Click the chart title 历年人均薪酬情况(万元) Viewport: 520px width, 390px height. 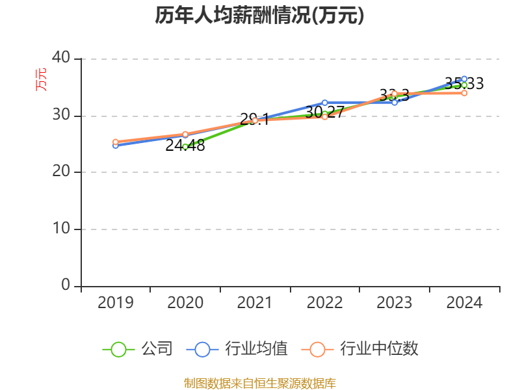(259, 16)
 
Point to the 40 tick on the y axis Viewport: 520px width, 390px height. (61, 58)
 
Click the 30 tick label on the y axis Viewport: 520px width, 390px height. (61, 115)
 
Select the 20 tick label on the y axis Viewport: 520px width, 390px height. (61, 172)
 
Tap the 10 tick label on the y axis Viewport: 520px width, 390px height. (61, 229)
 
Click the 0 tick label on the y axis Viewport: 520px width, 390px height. (66, 285)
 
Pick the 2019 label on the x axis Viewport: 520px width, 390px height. (115, 303)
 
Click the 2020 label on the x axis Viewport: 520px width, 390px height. (185, 303)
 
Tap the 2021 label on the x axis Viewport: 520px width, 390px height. (255, 303)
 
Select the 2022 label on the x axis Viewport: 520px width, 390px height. (324, 303)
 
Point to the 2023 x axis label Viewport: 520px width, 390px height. (395, 303)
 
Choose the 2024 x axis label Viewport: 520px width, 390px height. (464, 303)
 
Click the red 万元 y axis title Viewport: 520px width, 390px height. (41, 79)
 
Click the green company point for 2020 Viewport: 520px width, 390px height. (185, 147)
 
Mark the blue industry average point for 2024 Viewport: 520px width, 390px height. (464, 79)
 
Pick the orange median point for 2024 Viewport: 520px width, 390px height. (464, 93)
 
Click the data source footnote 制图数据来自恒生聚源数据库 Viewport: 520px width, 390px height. (259, 383)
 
